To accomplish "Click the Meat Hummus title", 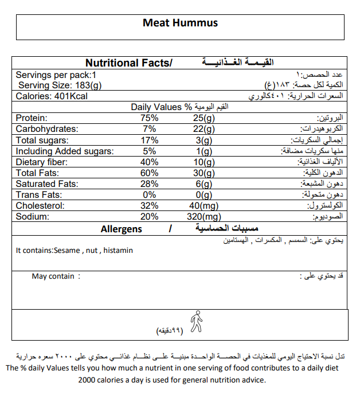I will tap(180, 24).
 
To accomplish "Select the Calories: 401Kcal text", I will tap(52, 96).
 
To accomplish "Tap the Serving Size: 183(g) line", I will tap(59, 85).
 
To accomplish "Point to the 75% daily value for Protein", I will tap(150, 118).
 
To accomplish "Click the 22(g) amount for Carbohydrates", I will tap(204, 129).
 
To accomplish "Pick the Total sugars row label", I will tap(42, 140).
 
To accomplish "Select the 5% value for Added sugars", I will tap(150, 151).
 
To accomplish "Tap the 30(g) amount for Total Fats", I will tap(204, 173).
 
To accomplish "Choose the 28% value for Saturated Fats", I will tap(150, 184).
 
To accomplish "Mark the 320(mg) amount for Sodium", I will tap(204, 217).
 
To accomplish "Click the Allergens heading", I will tap(121, 229).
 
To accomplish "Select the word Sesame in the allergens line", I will tap(66, 251).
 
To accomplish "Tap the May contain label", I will tap(53, 276).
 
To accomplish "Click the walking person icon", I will tap(196, 321).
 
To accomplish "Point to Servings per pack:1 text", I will tap(56, 75).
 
